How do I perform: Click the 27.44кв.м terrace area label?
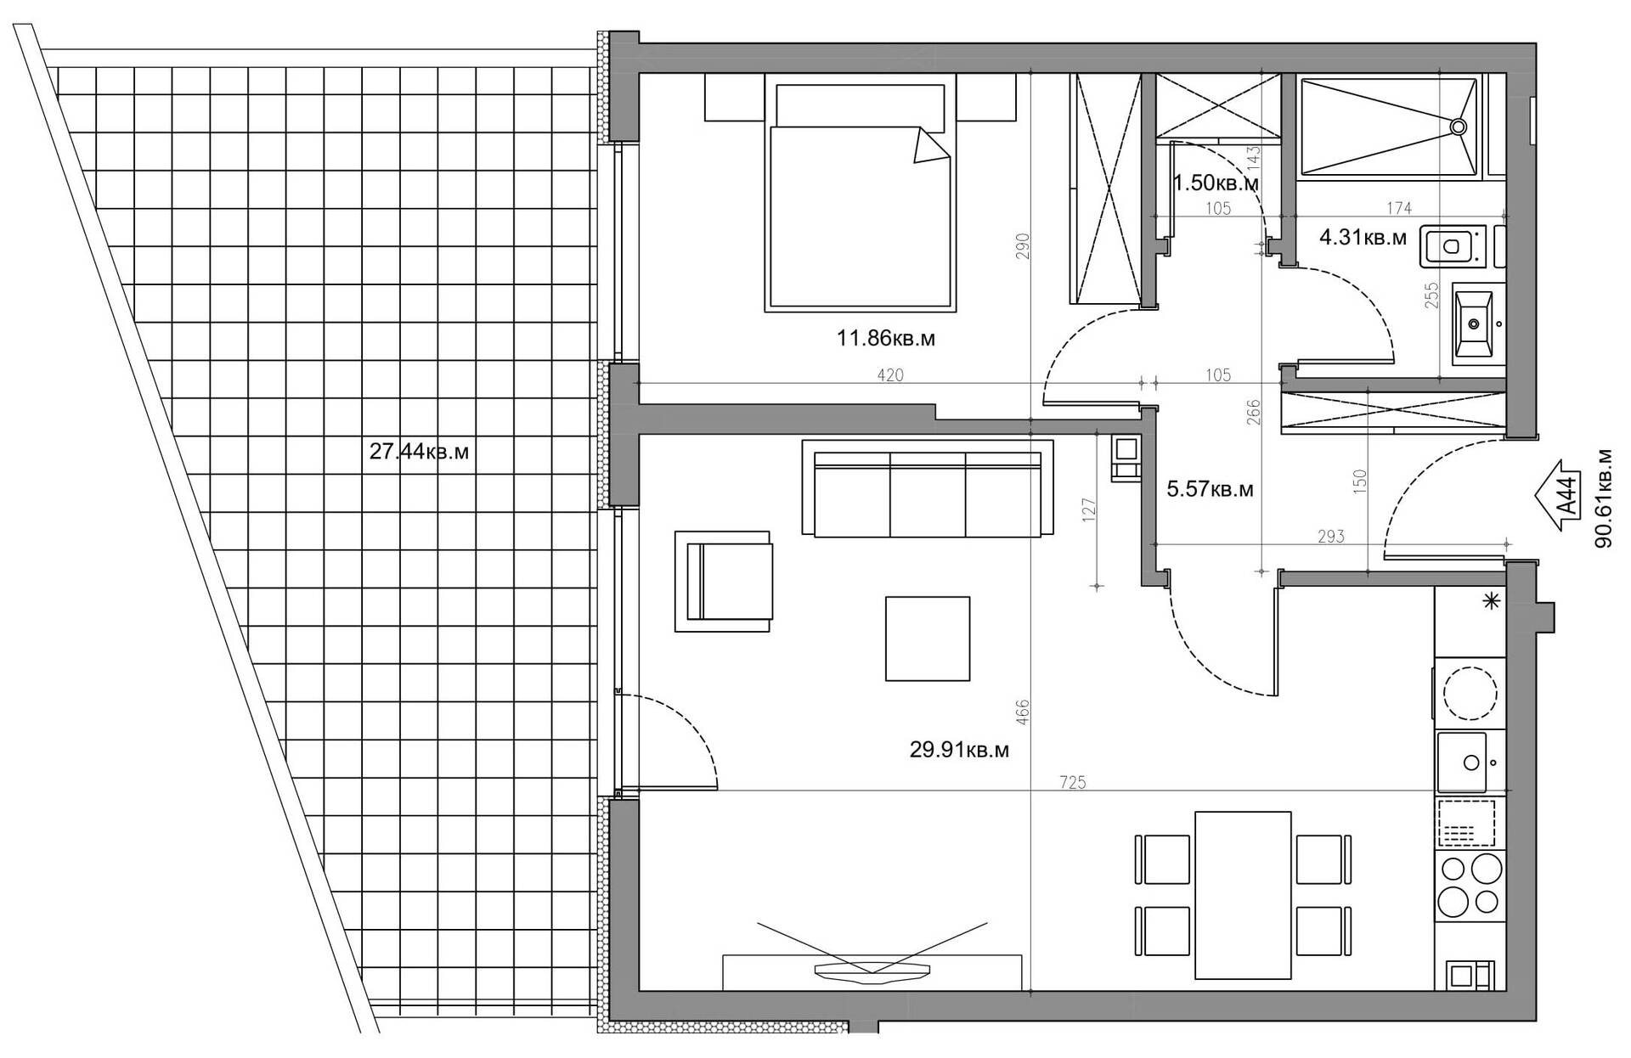coord(419,452)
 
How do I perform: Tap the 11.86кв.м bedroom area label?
coord(886,339)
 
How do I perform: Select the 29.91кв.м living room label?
coord(959,751)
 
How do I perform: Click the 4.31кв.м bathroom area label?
coord(1363,239)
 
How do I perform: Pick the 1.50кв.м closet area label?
coord(1216,183)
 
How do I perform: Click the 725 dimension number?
coord(1073,783)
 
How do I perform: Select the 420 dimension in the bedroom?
coord(889,375)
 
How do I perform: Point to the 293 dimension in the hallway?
coord(1331,537)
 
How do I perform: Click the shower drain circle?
coord(1458,127)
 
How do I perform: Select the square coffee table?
coord(928,639)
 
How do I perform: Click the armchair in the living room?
coord(723,582)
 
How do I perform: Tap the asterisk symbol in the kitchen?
coord(1490,602)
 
